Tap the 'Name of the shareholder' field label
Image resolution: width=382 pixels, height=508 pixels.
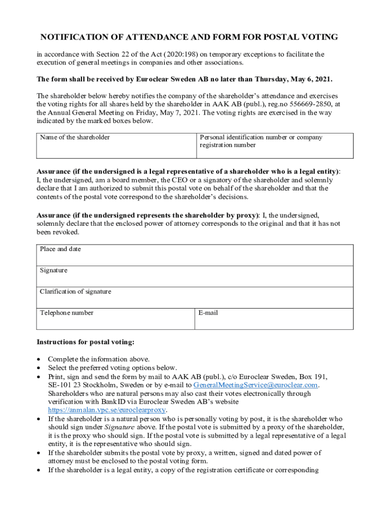coord(75,137)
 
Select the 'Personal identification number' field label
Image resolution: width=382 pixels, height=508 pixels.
coord(260,137)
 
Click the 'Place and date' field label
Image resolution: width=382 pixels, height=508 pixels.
coord(61,249)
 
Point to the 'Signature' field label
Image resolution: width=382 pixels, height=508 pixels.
coord(54,270)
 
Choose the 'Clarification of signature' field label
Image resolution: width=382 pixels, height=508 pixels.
coord(75,292)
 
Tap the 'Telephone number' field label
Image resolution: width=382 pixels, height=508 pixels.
coord(66,313)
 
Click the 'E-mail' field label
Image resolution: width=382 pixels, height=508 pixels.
coord(208,313)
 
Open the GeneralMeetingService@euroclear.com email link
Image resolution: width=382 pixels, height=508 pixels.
coord(255,385)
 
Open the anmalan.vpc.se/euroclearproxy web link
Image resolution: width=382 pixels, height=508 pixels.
coord(107,410)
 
